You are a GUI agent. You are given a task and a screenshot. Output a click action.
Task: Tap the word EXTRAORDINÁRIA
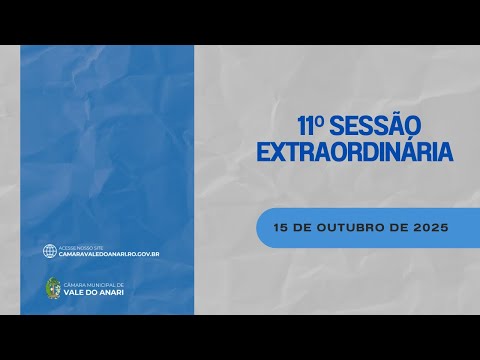355,153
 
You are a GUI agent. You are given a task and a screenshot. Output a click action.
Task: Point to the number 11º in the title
309,127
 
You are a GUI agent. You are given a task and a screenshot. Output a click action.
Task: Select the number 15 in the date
281,227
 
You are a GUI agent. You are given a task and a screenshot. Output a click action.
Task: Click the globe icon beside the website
50,251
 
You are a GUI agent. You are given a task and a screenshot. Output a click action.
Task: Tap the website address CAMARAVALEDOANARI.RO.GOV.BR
110,255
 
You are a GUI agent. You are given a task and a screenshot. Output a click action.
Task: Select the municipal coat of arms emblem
50,287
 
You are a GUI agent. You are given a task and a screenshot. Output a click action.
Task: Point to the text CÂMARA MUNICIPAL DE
91,283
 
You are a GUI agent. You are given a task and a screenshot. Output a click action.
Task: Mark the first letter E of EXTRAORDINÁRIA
264,153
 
